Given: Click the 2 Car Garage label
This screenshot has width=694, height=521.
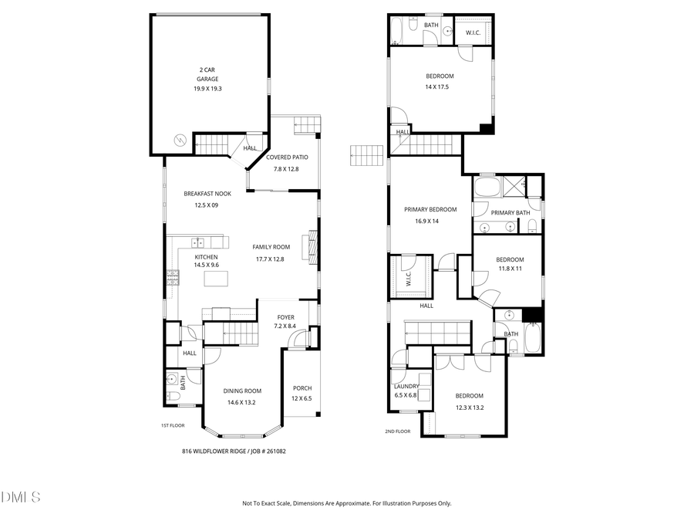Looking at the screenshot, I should [x=207, y=74].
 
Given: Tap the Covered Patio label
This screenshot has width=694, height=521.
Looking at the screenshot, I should [x=286, y=157].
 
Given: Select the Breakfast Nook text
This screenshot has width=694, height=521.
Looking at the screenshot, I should [x=207, y=194].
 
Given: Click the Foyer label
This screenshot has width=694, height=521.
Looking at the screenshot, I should [x=286, y=317].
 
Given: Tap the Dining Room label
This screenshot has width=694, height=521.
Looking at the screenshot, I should [x=242, y=391].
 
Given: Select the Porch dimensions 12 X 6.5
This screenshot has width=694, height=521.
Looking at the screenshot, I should [x=302, y=398].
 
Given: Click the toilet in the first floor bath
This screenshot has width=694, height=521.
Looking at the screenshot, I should [x=173, y=397].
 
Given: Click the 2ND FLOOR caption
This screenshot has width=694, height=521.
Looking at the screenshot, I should [x=397, y=431].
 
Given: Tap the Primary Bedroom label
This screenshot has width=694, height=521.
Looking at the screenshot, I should [x=430, y=209].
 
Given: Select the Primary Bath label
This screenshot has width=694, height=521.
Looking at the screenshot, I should [x=510, y=213].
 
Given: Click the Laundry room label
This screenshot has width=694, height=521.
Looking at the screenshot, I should [x=406, y=386].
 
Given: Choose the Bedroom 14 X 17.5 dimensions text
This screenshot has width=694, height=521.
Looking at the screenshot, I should [x=438, y=87].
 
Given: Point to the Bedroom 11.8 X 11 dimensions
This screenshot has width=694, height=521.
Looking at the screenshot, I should [x=510, y=269].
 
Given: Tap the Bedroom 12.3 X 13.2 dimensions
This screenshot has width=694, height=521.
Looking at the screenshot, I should [x=469, y=408].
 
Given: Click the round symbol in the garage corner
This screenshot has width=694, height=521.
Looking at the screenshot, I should [x=180, y=140].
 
